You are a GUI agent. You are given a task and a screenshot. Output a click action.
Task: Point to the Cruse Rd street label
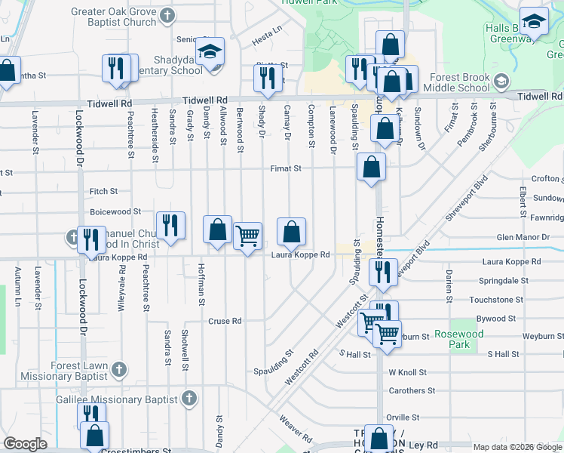[225, 321]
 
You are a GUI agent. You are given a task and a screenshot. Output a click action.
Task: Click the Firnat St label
[287, 168]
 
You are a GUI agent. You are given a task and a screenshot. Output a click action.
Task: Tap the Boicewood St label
[115, 212]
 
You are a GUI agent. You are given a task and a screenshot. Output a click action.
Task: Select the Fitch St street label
[103, 192]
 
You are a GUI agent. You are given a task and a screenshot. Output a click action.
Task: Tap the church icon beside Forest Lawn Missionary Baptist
[118, 369]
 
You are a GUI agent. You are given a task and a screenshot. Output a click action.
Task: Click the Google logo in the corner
[26, 443]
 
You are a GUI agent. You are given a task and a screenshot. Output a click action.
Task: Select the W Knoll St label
[407, 372]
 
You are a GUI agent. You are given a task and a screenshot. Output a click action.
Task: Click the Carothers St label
[412, 391]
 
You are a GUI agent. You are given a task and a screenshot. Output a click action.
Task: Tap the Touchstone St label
[496, 300]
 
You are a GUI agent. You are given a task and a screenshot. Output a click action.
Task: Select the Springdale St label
[496, 280]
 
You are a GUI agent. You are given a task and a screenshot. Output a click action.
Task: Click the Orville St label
[402, 417]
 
